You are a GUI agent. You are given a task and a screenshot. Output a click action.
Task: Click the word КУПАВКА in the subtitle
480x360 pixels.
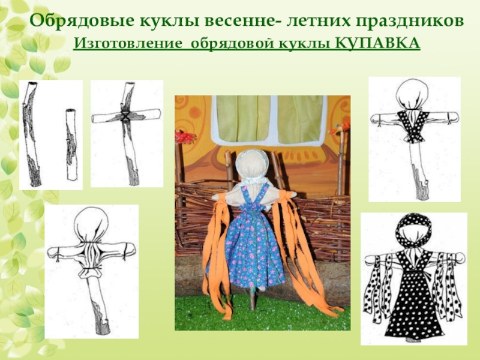378,43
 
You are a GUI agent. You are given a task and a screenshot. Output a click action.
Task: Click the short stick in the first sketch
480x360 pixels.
71,145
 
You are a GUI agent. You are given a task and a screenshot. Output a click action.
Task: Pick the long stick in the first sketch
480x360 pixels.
32,134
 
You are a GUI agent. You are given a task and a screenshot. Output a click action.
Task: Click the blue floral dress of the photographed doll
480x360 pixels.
254,245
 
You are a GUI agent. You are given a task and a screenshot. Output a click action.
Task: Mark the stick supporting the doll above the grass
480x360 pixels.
253,298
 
